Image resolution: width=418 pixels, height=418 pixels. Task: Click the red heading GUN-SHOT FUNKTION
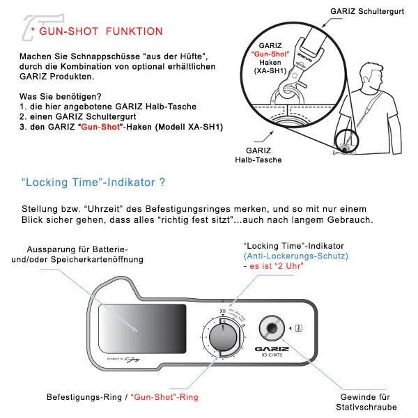click(x=101, y=31)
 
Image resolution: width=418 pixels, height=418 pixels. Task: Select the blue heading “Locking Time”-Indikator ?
click(x=93, y=183)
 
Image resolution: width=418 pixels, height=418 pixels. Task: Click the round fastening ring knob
click(x=223, y=336)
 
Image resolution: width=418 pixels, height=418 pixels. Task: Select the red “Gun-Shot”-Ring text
click(x=164, y=396)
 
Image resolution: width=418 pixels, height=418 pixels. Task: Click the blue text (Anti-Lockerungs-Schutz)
click(x=296, y=256)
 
